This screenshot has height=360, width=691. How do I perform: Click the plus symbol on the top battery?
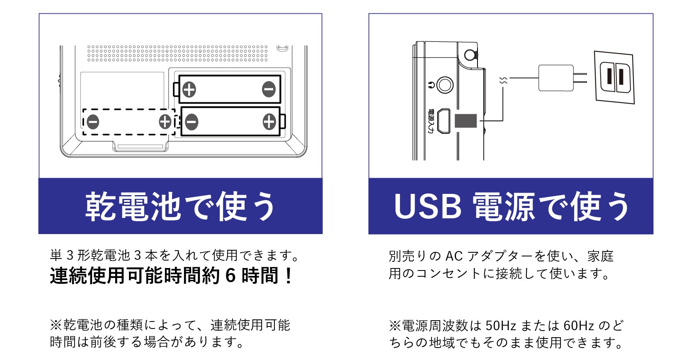point(189,89)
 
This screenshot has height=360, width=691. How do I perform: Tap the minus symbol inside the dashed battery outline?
point(93,122)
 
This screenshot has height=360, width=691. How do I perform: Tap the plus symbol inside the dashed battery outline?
point(165,122)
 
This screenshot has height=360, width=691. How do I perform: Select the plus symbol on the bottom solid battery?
point(269,122)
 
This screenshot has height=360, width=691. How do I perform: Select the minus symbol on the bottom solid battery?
point(191,122)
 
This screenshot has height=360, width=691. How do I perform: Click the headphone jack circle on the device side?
point(445,85)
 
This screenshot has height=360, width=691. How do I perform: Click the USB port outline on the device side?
point(444,121)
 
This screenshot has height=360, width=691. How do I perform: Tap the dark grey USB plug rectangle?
point(466,121)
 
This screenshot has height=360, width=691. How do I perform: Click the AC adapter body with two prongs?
point(556,78)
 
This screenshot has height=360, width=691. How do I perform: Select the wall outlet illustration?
point(614,77)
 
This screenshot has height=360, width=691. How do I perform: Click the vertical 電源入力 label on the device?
point(430,121)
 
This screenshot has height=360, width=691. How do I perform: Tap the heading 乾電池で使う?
point(180,206)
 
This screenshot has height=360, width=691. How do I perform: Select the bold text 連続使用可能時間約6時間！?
point(171,275)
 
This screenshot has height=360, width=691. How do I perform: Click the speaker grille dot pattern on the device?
point(177,53)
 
